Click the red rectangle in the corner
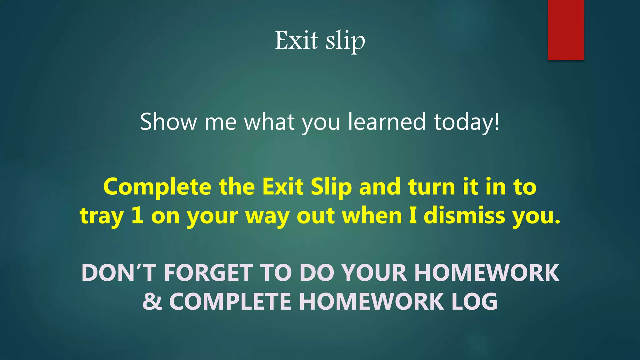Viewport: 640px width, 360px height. [x=566, y=30]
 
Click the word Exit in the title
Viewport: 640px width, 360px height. [x=296, y=41]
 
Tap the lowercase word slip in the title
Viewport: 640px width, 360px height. [x=345, y=41]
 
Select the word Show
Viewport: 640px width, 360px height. [x=168, y=122]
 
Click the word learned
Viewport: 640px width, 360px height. [x=387, y=122]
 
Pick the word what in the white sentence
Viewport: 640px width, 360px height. [x=269, y=122]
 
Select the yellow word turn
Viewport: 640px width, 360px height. [x=432, y=187]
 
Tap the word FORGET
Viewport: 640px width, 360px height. [x=208, y=273]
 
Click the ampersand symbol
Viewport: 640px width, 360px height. [x=152, y=302]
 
